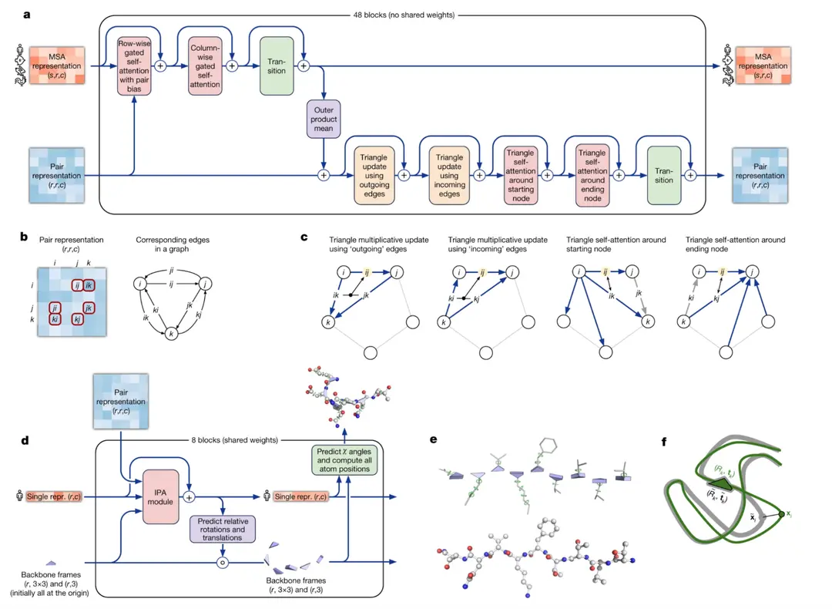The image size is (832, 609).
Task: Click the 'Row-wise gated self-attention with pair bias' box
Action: tap(135, 68)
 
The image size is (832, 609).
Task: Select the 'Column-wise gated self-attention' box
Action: tap(205, 68)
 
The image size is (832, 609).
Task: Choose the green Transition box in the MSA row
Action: tap(277, 68)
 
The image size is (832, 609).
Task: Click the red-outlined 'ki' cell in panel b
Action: tap(55, 318)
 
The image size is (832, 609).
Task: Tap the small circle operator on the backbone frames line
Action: tap(223, 564)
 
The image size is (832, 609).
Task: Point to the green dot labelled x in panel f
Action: tap(782, 514)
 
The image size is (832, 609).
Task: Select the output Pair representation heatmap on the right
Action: tap(762, 176)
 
